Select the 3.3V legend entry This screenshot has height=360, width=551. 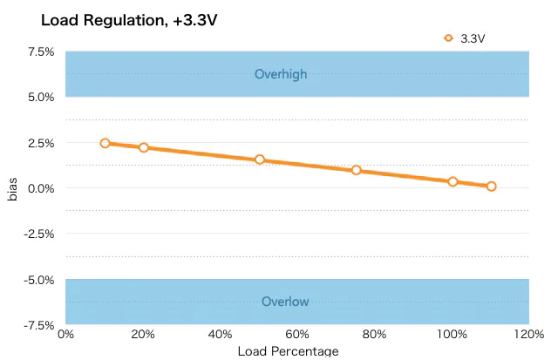pos(465,37)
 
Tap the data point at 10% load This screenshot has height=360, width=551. pos(105,143)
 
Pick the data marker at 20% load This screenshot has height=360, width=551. pos(144,147)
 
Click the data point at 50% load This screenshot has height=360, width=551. pos(260,160)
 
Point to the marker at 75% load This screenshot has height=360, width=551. pos(357,170)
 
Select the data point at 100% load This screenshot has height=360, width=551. pos(452,181)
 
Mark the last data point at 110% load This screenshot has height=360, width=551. pos(491,186)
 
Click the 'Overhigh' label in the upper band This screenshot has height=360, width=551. pos(280,74)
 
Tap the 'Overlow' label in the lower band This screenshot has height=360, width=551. pos(285,302)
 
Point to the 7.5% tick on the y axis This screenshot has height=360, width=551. pos(41,51)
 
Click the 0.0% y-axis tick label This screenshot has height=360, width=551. pos(41,188)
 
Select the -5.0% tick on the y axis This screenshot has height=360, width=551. pos(39,280)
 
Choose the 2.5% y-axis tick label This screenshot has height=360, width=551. pos(41,143)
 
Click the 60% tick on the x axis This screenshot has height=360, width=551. pos(298,334)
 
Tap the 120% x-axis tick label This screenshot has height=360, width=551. pos(528,334)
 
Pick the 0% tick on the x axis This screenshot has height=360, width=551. pos(65,334)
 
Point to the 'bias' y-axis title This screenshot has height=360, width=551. pos(12,188)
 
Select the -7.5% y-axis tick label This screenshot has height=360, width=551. pos(39,325)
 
